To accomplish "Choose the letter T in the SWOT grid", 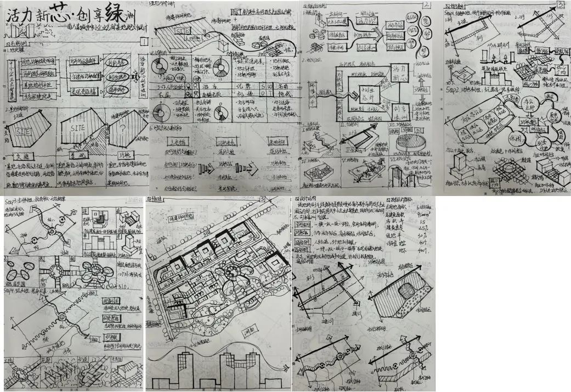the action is coord(275,95).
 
